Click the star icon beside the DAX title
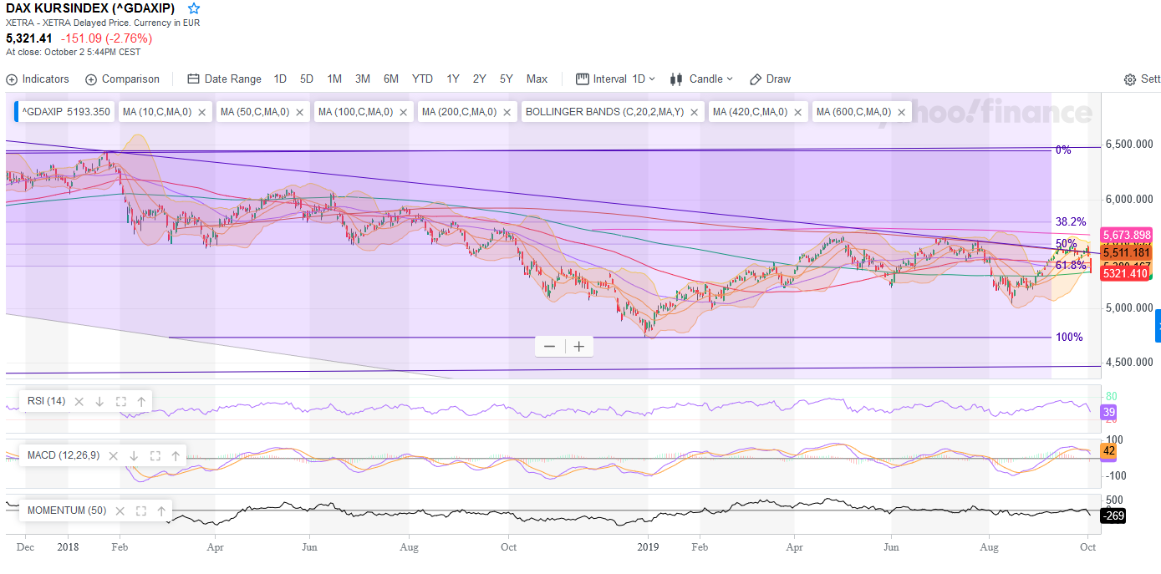(x=194, y=8)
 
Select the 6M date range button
(x=390, y=79)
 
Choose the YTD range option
(x=422, y=79)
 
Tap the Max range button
(x=537, y=79)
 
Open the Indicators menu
(x=38, y=79)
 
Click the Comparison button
(x=122, y=79)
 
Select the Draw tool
(x=770, y=79)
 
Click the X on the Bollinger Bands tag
(x=694, y=112)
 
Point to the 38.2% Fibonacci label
(x=1071, y=221)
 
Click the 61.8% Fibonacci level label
(x=1071, y=265)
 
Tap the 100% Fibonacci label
(x=1069, y=337)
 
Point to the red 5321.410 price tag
(x=1124, y=274)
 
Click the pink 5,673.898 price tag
(x=1126, y=235)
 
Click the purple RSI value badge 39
(x=1109, y=413)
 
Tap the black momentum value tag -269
(x=1113, y=516)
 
